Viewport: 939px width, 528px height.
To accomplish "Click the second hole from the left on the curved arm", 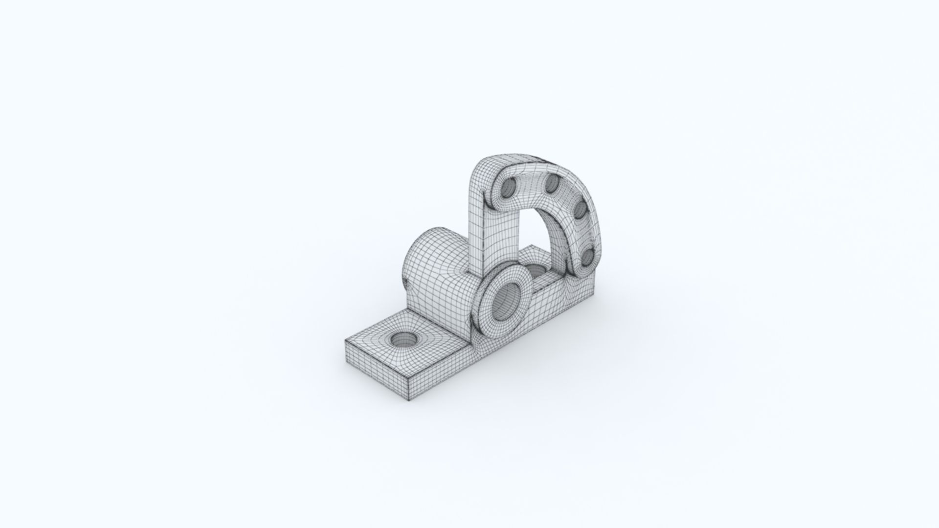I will click(551, 184).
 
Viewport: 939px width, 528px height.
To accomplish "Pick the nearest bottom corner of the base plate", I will click(407, 400).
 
